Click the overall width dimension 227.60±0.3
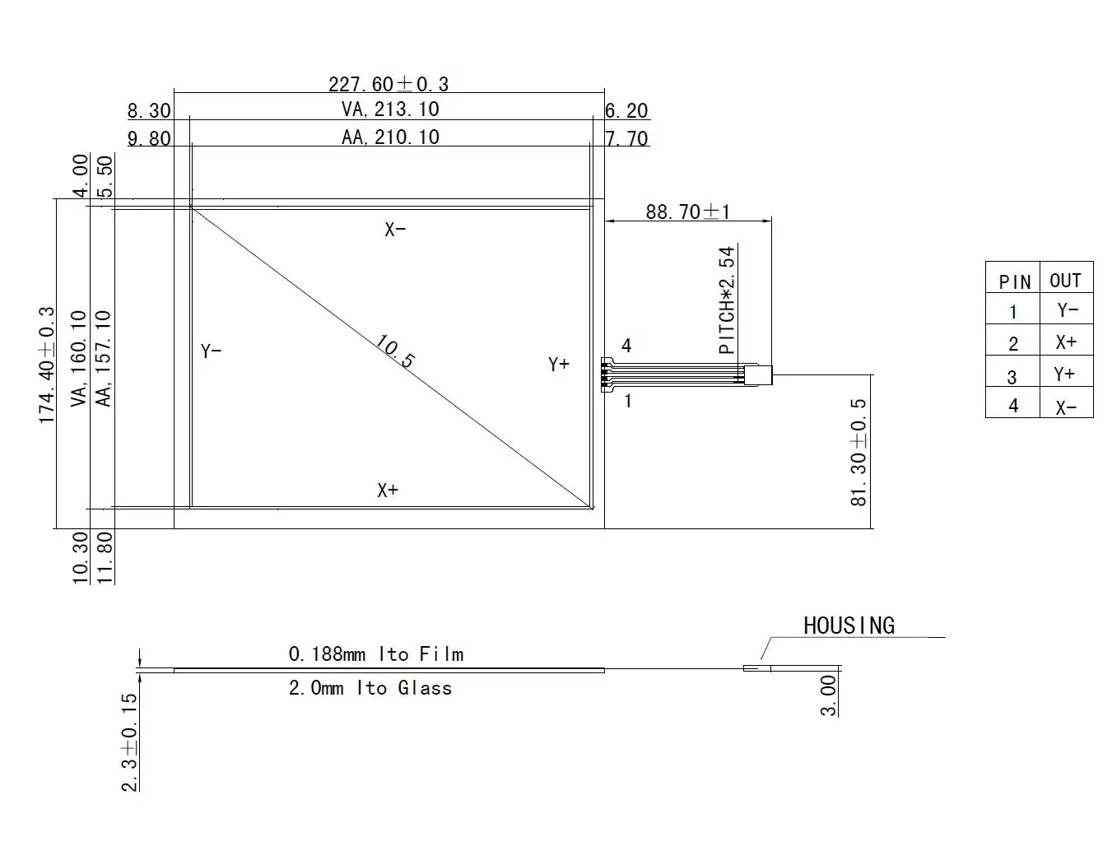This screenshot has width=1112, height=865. tap(389, 84)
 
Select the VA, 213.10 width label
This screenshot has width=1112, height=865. tap(390, 109)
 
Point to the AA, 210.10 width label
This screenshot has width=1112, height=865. tap(390, 137)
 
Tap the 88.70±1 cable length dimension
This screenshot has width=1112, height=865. tap(688, 212)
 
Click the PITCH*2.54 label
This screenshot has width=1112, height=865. tap(727, 300)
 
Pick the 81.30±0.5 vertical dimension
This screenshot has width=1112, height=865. tap(858, 453)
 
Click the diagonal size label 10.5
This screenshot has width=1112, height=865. tap(395, 351)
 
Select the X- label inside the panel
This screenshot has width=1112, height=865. tap(395, 229)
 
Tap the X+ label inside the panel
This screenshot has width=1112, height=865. tap(388, 490)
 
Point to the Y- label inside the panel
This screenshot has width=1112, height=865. tap(211, 351)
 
